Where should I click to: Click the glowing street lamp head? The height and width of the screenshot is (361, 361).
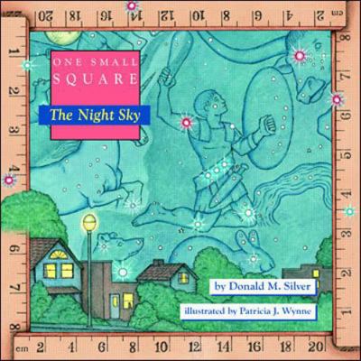(x=88, y=221)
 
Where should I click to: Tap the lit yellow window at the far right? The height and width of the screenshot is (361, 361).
(x=315, y=273)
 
